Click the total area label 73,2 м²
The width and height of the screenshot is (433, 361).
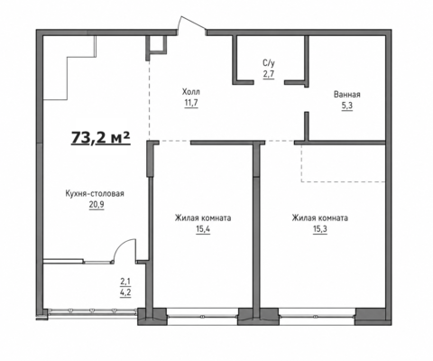click(101, 138)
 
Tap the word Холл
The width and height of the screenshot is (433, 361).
click(191, 91)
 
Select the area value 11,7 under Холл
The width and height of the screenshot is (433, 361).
click(191, 103)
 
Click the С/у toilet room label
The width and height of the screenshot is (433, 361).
click(269, 63)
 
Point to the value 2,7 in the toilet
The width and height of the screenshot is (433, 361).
click(269, 74)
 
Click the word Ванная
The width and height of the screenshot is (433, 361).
click(347, 95)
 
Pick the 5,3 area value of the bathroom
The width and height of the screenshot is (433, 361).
click(347, 106)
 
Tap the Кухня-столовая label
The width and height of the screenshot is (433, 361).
click(95, 193)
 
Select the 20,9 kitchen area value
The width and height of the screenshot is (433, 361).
click(97, 205)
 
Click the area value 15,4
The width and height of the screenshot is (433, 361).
click(203, 229)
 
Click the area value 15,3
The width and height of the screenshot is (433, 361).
click(320, 229)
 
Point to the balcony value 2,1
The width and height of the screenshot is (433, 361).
click(125, 282)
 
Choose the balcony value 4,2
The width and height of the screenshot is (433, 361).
click(125, 292)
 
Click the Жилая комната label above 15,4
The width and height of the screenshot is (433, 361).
click(203, 218)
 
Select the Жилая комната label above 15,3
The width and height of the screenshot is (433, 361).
click(320, 218)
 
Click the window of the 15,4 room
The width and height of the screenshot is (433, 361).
click(202, 317)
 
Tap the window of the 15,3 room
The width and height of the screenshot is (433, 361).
click(317, 317)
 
